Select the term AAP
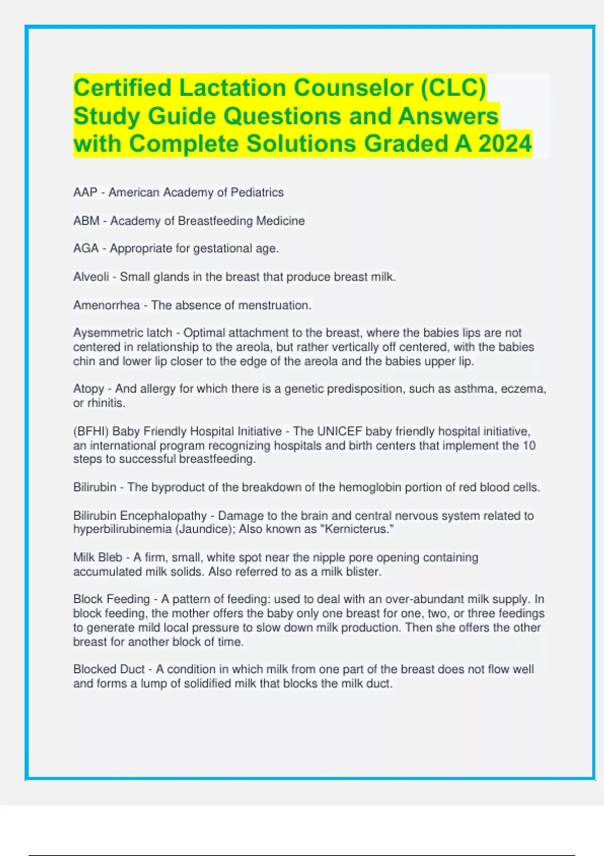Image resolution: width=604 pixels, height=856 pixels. tap(85, 192)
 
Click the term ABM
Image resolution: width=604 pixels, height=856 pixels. tap(86, 221)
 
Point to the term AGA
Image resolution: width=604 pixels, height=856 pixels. tap(86, 249)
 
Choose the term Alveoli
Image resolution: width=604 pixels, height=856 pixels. tap(91, 277)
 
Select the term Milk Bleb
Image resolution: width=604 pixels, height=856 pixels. tap(98, 557)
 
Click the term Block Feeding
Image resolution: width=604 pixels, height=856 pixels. tap(111, 599)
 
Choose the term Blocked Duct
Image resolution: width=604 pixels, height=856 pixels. tap(109, 669)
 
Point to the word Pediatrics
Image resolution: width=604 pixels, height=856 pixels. tap(257, 192)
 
